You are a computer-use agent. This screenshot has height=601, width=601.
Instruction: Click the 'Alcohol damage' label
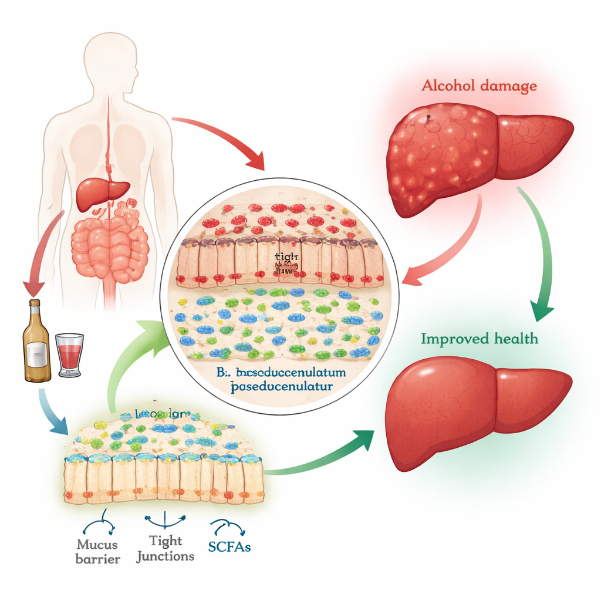[x=478, y=86]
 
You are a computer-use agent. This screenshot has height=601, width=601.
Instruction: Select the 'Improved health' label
[x=479, y=339]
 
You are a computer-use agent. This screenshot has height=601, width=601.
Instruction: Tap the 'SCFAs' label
[x=229, y=546]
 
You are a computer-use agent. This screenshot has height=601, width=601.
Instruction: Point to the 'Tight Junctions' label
[x=165, y=548]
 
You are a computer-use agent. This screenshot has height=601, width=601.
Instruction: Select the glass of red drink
[x=69, y=354]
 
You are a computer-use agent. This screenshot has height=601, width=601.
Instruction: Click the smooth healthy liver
[x=470, y=405]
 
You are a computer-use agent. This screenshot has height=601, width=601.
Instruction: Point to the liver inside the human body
[x=102, y=192]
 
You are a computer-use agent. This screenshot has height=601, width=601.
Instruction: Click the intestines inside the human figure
[x=110, y=244]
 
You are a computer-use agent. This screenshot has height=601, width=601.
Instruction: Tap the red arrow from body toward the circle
[x=223, y=138]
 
